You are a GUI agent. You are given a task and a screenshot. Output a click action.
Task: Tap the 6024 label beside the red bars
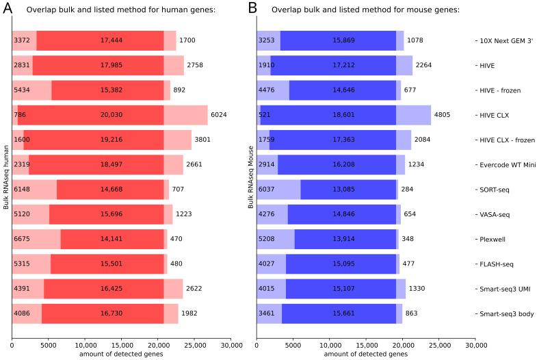pyautogui.click(x=198, y=115)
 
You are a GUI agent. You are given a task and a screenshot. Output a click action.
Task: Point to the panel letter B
pyautogui.click(x=252, y=9)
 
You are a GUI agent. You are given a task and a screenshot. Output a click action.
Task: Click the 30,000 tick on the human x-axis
pyautogui.click(x=231, y=345)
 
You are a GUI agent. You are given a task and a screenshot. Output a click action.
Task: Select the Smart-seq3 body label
pyautogui.click(x=503, y=313)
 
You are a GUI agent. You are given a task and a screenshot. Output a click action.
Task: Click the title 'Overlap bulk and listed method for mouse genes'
pyautogui.click(x=365, y=10)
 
